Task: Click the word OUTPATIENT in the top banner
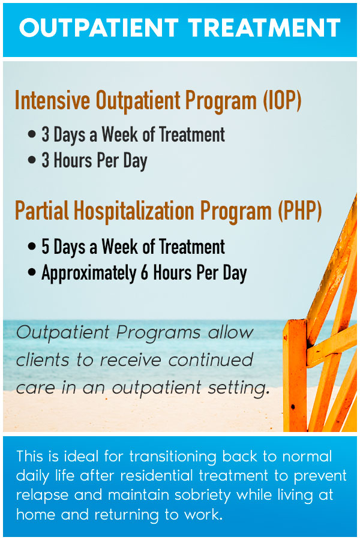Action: pyautogui.click(x=99, y=28)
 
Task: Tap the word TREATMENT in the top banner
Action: pyautogui.click(x=263, y=28)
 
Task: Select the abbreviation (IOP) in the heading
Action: pyautogui.click(x=281, y=101)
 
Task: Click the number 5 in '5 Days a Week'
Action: pyautogui.click(x=45, y=247)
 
